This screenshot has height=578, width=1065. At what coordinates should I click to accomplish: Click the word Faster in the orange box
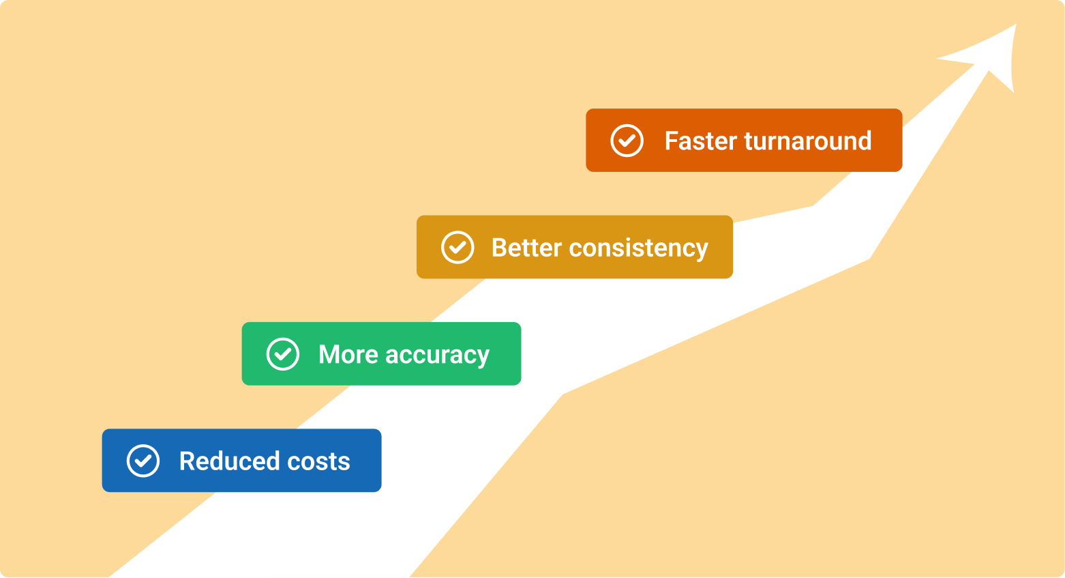(x=701, y=141)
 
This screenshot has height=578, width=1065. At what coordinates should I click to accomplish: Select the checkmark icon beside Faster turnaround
(x=627, y=141)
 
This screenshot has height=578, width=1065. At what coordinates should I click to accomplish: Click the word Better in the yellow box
(x=526, y=248)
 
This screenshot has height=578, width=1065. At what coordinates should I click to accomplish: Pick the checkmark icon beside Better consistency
(x=457, y=248)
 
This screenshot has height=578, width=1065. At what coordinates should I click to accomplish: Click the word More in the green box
(x=348, y=355)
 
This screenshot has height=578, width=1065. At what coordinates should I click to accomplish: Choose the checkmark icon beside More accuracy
(x=283, y=354)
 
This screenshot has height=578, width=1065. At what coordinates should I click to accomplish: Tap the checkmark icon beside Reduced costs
(x=143, y=461)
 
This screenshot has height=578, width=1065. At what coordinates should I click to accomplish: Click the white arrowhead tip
(x=1016, y=25)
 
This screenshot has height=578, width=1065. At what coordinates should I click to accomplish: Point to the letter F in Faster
(x=672, y=141)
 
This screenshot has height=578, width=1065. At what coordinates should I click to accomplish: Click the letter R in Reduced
(x=187, y=461)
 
